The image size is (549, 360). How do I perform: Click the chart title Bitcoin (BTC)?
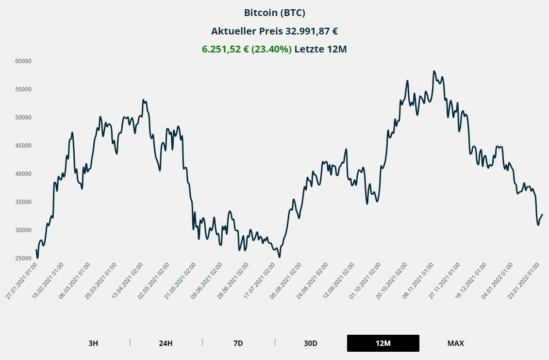[274, 13]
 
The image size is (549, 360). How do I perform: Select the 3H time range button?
[93, 343]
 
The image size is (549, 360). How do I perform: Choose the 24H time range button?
[166, 343]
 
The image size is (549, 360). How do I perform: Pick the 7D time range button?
[238, 343]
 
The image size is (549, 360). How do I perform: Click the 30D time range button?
[311, 343]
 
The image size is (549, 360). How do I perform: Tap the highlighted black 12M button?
[383, 343]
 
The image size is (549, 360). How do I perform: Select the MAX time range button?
[455, 343]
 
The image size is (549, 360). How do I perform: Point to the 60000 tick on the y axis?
[23, 61]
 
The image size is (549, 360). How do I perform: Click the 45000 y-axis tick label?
[23, 146]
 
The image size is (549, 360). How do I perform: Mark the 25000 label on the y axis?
[23, 258]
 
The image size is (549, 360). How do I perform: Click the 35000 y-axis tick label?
[23, 202]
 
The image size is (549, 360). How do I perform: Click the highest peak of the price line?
[434, 71]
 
